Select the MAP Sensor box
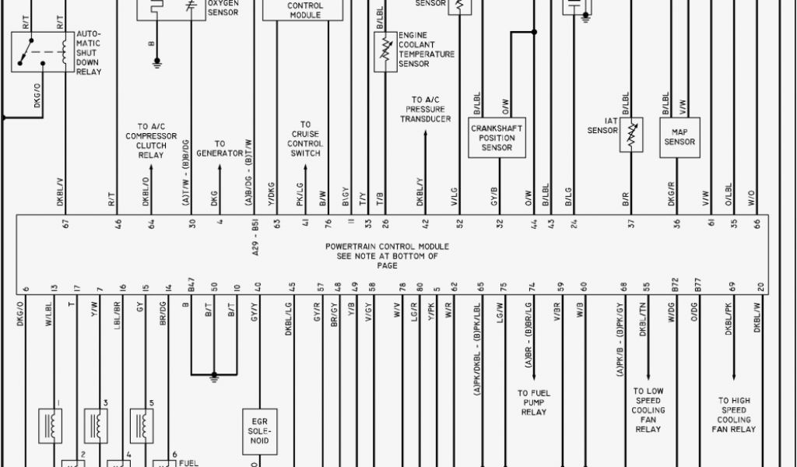(x=679, y=137)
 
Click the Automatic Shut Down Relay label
(x=88, y=54)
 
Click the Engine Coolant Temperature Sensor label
(x=425, y=50)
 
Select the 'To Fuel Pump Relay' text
(x=533, y=402)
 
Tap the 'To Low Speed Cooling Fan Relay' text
(x=648, y=410)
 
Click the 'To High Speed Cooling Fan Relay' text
(x=733, y=415)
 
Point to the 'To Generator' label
(x=219, y=149)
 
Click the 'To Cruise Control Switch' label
(x=305, y=139)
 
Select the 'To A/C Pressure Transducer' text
(x=426, y=110)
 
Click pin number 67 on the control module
(x=66, y=223)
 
